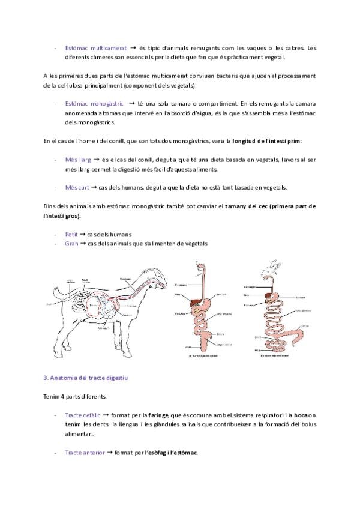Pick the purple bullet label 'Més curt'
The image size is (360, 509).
77,187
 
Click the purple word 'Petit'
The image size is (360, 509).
71,234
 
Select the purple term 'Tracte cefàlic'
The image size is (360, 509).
83,415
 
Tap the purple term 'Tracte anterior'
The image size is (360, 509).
85,452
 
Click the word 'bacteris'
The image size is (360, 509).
220,76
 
